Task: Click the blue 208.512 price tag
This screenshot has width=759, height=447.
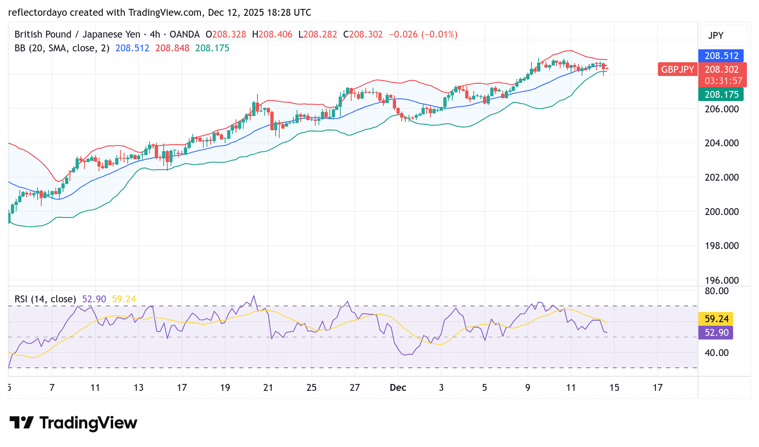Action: pos(721,56)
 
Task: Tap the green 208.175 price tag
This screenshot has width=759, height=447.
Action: pos(721,95)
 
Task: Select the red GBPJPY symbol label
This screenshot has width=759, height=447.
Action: pos(677,70)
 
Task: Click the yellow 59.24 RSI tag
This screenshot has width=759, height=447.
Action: pos(716,319)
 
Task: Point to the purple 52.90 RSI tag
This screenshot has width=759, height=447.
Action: pos(716,333)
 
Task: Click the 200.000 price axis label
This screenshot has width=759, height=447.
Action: pos(721,212)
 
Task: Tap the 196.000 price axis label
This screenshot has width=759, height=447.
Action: pos(721,280)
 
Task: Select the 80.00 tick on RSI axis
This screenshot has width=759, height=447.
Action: pos(717,291)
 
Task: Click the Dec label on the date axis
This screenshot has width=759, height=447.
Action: pos(398,388)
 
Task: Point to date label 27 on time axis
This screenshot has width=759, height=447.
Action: pos(354,388)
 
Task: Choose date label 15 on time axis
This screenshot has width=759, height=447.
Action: pos(614,388)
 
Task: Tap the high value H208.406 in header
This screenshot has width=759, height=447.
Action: pos(272,34)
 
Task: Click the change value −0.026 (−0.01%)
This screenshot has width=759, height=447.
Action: pos(423,34)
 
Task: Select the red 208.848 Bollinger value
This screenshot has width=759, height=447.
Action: pos(172,48)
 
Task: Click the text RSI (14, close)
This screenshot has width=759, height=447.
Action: pos(45,299)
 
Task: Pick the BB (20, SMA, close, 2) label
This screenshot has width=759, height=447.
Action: pos(62,48)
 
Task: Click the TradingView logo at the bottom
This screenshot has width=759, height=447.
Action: pos(74,423)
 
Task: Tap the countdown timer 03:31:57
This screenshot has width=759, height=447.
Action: pos(723,81)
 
